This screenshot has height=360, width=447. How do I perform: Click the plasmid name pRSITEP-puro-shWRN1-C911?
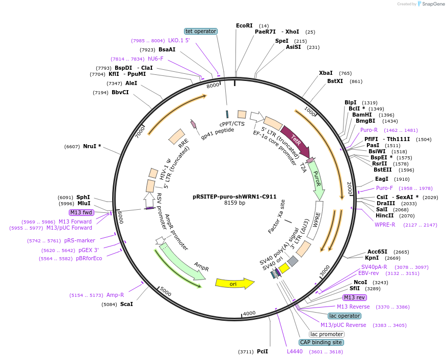pos(234,196)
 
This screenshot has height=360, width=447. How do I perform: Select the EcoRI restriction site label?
pos(244,25)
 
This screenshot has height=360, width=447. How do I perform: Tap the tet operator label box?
pos(201,32)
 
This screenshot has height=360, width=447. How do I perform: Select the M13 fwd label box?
pos(82,212)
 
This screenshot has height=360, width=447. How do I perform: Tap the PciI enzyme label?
pos(262,351)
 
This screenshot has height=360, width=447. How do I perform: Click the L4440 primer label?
pos(295,351)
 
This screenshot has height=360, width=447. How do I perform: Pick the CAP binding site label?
pos(321,343)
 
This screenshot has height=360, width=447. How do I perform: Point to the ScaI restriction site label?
pos(126,304)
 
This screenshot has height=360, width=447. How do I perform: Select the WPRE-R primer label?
pos(385,225)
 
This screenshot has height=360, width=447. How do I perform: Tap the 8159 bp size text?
pos(234,203)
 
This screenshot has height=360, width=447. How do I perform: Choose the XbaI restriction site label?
pos(326,73)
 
